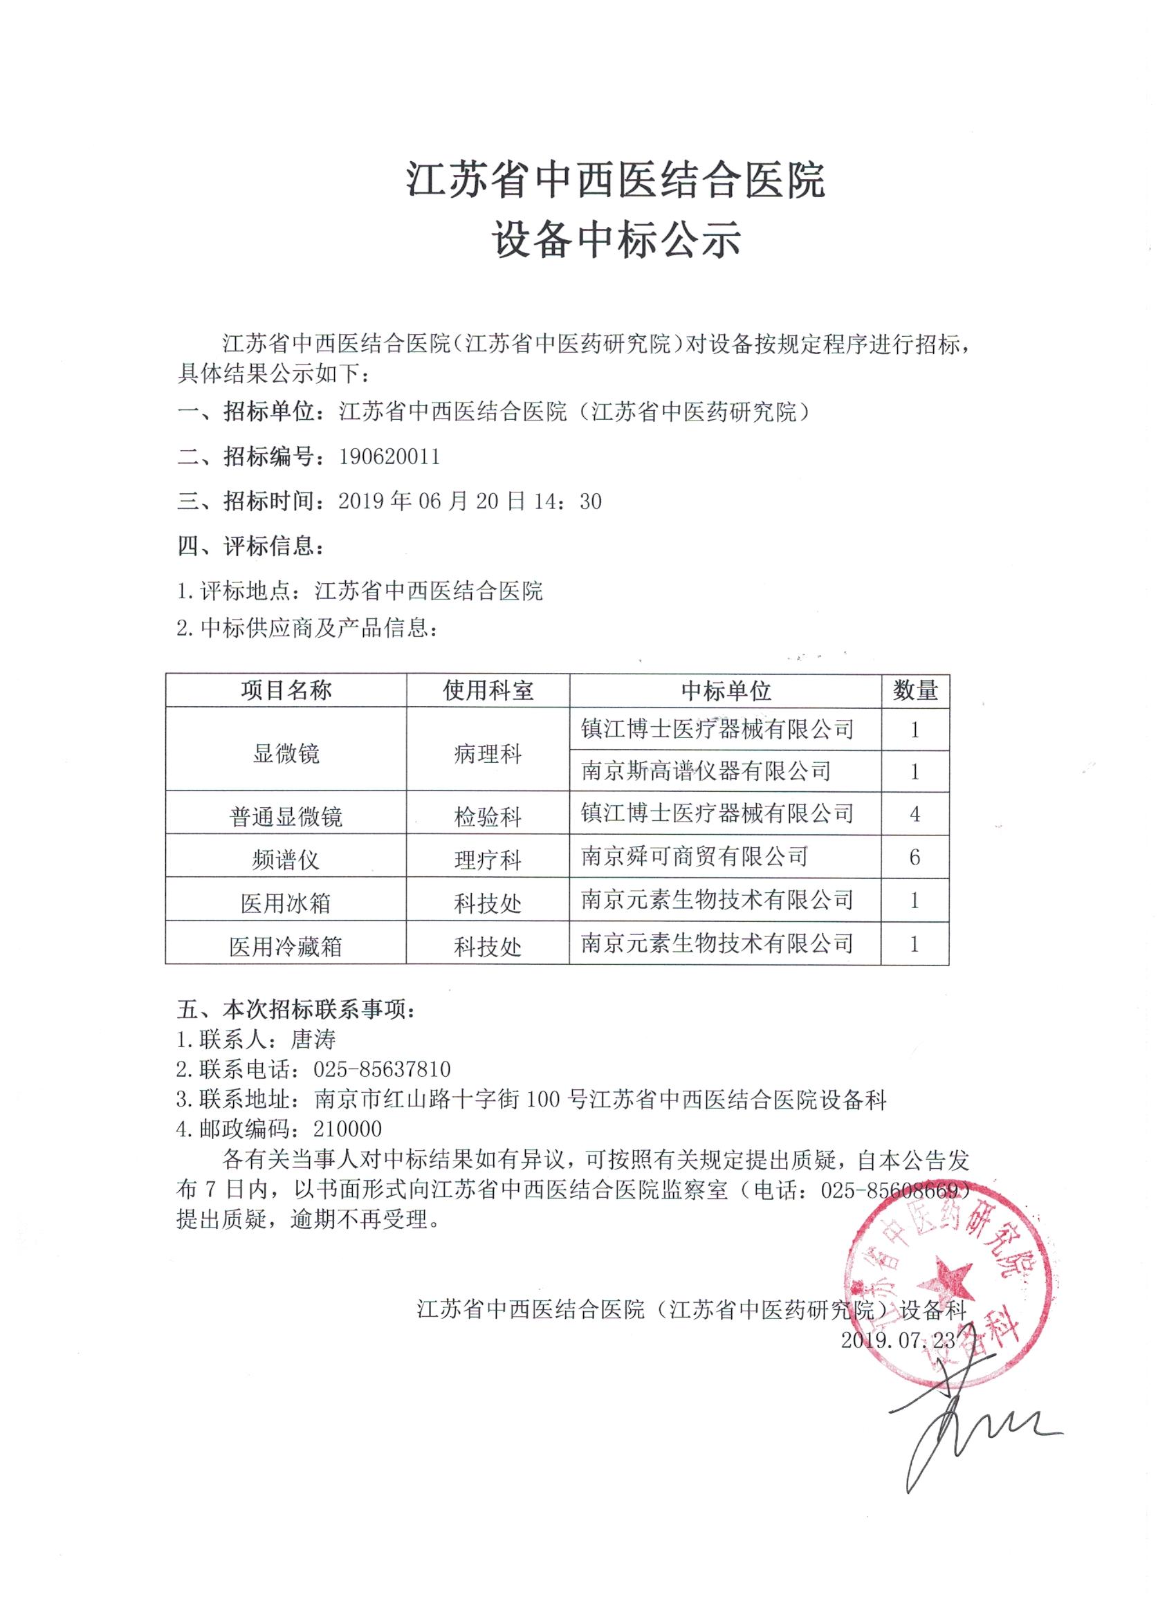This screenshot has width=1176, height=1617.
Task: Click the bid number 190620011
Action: pyautogui.click(x=389, y=456)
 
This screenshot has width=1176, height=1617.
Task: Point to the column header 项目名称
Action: pyautogui.click(x=286, y=690)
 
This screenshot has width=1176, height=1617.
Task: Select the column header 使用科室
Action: pyautogui.click(x=488, y=690)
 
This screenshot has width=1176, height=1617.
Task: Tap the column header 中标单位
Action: pyautogui.click(x=725, y=690)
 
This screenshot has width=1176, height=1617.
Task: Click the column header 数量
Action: pyautogui.click(x=915, y=690)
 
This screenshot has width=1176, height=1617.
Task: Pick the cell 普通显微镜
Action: pyautogui.click(x=286, y=815)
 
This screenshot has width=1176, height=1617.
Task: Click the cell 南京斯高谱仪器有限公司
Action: pyautogui.click(x=706, y=770)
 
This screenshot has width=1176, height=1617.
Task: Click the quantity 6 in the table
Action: pyautogui.click(x=915, y=857)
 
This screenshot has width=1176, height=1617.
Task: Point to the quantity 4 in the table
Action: pyautogui.click(x=915, y=813)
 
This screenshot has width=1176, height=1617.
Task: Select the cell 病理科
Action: pyautogui.click(x=488, y=754)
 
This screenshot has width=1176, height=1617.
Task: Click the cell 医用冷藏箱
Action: pyautogui.click(x=286, y=946)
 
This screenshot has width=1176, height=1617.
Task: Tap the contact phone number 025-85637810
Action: pyautogui.click(x=383, y=1069)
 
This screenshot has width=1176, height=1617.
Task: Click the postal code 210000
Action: pyautogui.click(x=348, y=1129)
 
